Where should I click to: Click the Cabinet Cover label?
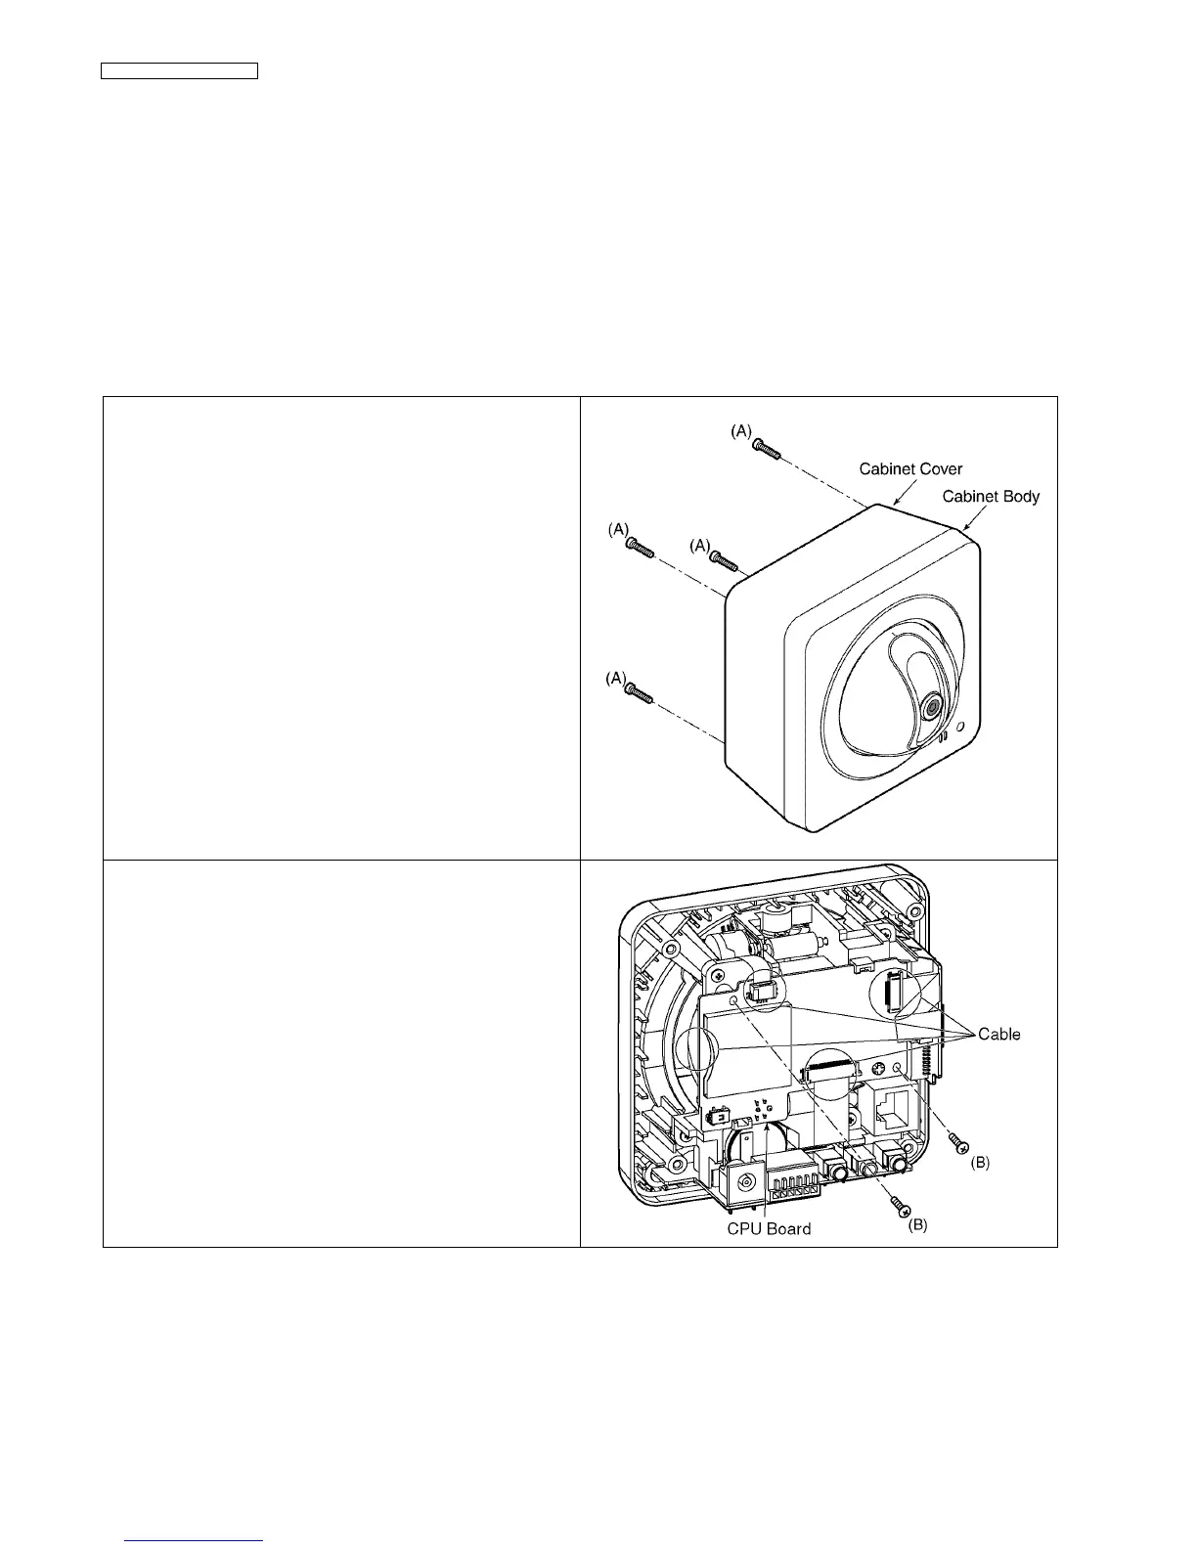click(910, 469)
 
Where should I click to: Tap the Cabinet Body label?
click(991, 497)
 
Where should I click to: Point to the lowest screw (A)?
click(641, 692)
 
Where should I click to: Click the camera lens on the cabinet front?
click(932, 704)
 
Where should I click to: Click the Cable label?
click(998, 1035)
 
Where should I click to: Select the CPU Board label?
click(769, 1228)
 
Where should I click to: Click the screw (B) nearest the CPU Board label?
click(894, 1210)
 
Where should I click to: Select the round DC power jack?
click(749, 1182)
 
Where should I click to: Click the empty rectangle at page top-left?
click(180, 70)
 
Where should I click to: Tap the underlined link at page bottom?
click(195, 1541)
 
